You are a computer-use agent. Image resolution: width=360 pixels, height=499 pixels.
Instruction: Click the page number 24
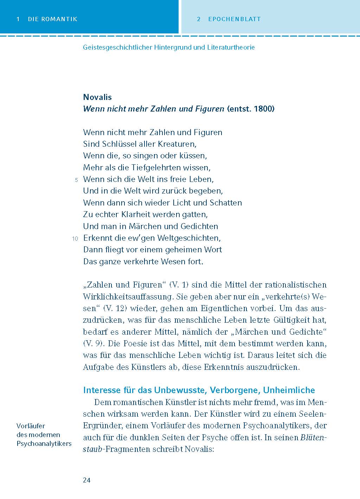click(x=87, y=480)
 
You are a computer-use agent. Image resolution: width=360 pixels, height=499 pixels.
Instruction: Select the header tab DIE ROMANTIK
click(x=52, y=19)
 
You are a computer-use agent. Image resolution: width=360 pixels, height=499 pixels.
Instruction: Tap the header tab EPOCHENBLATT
click(x=234, y=19)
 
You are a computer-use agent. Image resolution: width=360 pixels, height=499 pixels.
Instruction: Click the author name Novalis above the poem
click(x=97, y=97)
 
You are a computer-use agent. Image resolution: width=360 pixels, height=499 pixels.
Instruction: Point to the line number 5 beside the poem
click(x=76, y=180)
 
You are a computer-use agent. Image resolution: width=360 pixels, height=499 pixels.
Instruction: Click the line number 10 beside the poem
click(x=75, y=239)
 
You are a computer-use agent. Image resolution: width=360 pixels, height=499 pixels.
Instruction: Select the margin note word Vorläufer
click(x=31, y=426)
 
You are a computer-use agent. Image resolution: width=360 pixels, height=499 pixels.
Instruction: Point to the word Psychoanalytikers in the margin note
click(x=44, y=443)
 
